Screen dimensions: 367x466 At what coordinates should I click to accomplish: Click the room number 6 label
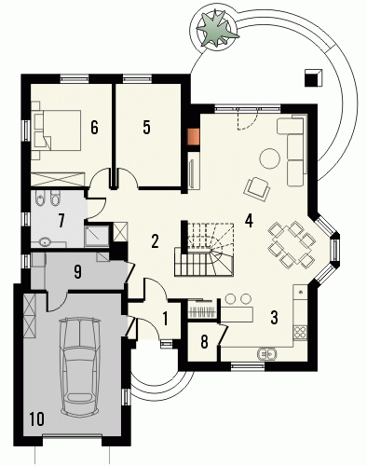(94, 128)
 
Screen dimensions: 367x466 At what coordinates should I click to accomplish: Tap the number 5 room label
(146, 128)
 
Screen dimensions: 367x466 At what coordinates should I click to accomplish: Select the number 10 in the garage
(37, 418)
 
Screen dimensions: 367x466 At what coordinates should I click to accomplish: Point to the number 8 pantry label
(204, 342)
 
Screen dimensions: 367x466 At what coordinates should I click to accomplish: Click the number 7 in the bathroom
(61, 221)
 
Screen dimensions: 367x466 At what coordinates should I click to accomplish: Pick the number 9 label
(77, 271)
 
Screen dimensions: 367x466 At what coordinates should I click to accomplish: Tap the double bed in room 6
(56, 130)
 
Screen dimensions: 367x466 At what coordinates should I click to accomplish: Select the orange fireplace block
(194, 137)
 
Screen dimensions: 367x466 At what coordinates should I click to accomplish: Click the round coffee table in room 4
(269, 158)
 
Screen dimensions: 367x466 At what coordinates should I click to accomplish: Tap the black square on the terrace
(313, 77)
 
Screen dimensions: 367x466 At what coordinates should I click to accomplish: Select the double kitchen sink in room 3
(266, 353)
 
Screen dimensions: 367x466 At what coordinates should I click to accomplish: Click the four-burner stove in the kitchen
(300, 332)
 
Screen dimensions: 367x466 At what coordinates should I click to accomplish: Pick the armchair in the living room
(257, 189)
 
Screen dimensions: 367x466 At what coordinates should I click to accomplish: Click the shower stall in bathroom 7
(97, 236)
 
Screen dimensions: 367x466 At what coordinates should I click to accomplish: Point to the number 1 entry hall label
(165, 319)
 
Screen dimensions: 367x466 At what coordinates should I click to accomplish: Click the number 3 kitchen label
(274, 317)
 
